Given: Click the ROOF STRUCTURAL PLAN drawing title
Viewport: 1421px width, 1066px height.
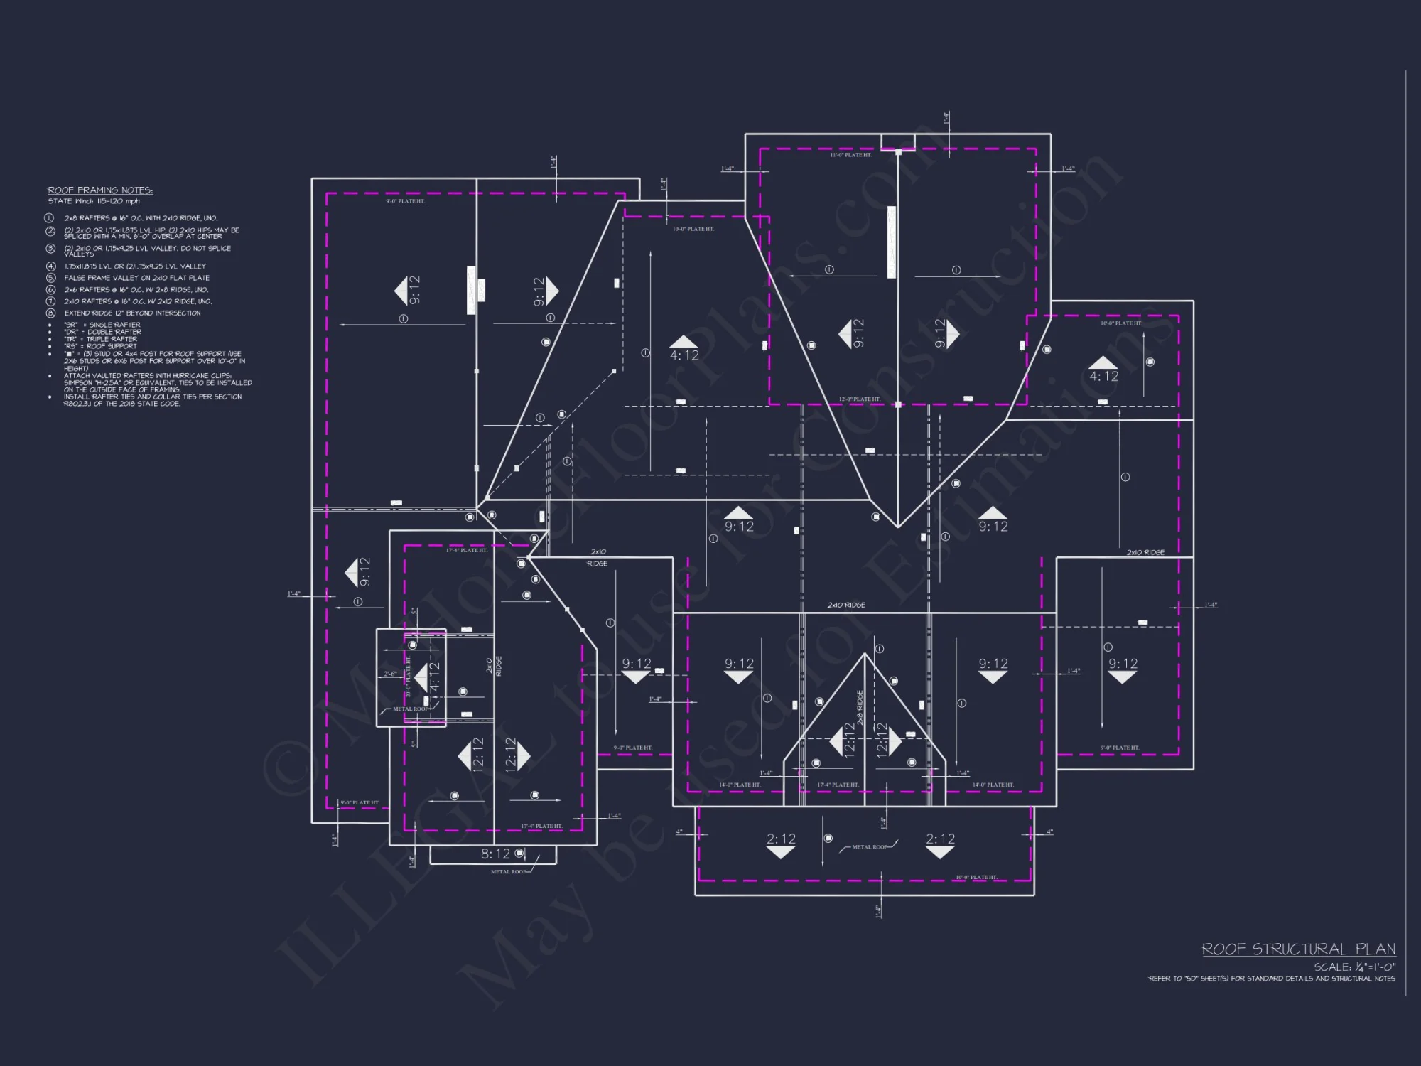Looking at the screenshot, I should (1298, 949).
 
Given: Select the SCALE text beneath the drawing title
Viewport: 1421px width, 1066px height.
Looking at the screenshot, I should (1354, 967).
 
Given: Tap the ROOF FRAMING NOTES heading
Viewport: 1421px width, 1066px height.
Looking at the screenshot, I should (100, 190).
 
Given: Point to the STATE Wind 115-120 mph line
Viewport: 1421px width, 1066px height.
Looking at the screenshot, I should (94, 201).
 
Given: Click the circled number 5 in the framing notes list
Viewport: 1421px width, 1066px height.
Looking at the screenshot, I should (50, 278).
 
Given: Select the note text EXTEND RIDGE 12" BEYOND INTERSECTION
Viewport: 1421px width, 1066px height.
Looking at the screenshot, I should (132, 313).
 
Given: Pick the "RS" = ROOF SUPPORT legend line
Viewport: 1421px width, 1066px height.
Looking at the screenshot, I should (100, 346).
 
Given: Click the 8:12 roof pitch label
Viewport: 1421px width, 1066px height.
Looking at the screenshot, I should (495, 854).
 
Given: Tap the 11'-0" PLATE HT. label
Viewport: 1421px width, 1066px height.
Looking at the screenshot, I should (850, 155).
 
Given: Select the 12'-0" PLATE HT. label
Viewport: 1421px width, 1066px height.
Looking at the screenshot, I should (859, 399).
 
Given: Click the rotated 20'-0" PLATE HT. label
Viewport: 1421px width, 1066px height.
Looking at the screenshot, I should (409, 677).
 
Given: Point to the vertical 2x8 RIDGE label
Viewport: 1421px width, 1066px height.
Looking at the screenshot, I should (860, 707).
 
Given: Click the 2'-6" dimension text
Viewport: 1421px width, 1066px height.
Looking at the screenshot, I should (390, 674).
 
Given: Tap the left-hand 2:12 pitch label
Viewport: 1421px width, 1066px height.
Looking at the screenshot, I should (781, 839).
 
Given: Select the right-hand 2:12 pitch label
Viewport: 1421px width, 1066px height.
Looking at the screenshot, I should (940, 839).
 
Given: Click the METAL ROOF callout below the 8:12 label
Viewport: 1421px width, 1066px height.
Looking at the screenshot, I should (509, 871).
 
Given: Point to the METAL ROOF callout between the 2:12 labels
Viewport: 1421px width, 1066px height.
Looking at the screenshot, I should (870, 847).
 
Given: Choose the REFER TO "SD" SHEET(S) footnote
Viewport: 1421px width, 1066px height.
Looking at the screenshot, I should (1271, 979).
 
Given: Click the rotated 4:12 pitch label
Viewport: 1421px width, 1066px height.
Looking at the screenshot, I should (434, 677).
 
